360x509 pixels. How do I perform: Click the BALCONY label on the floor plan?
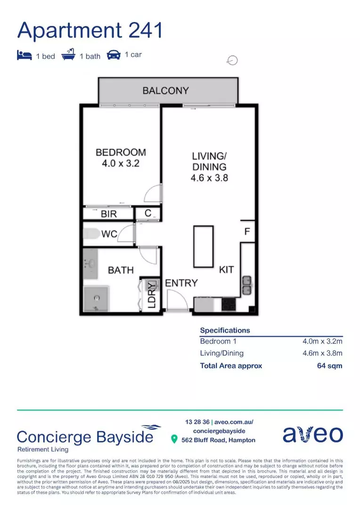click(x=165, y=90)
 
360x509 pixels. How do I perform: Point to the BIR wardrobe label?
click(x=109, y=214)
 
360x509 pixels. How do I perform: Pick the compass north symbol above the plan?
click(x=232, y=60)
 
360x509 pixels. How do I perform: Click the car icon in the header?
click(x=114, y=55)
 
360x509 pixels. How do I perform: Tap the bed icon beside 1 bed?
click(x=24, y=55)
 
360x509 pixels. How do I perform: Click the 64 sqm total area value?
click(x=329, y=366)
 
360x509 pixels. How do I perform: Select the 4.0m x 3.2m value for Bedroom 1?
click(x=322, y=341)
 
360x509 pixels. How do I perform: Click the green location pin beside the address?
click(x=174, y=440)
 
